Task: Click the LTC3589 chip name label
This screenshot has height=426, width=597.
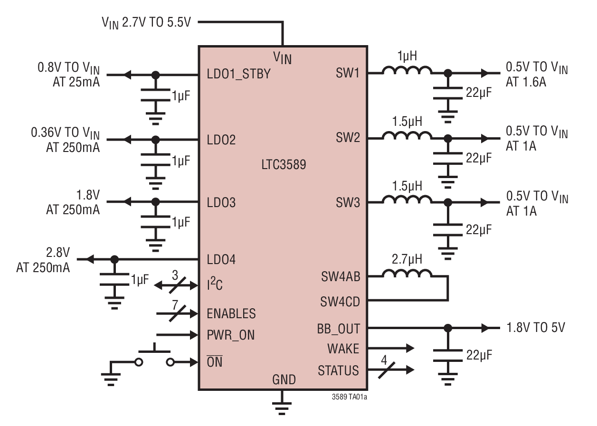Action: [x=283, y=165]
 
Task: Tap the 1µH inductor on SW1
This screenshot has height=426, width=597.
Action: [x=407, y=71]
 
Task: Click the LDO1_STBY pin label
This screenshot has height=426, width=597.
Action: [x=238, y=74]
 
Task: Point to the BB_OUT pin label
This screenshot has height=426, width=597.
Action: [x=339, y=328]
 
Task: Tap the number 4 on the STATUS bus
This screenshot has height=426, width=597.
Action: [x=384, y=360]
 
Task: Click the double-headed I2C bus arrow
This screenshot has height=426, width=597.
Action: [x=176, y=285]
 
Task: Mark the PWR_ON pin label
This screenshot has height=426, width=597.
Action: [x=230, y=335]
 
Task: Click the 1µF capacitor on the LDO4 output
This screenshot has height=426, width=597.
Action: [x=114, y=280]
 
